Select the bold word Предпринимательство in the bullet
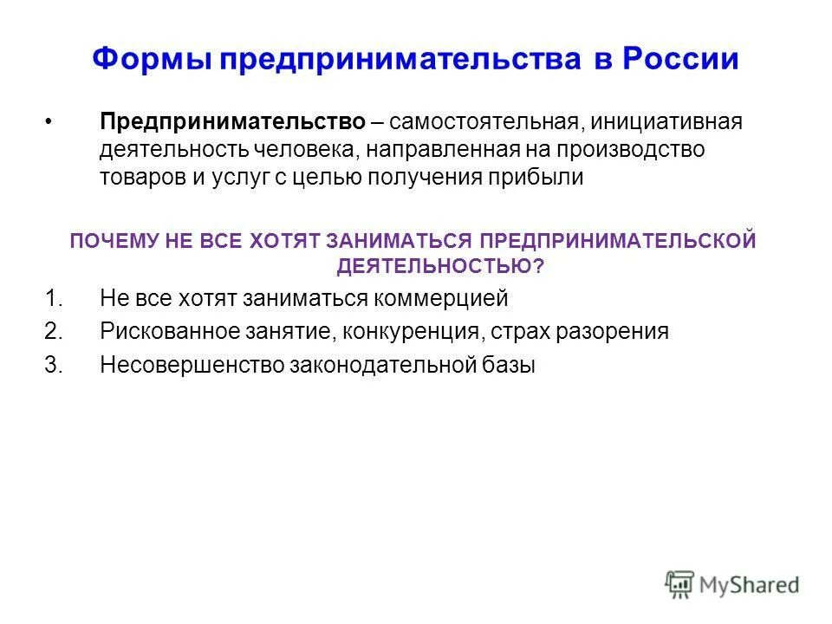point(232,121)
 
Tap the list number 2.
point(53,331)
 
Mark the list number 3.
point(53,364)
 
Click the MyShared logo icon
point(681,585)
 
